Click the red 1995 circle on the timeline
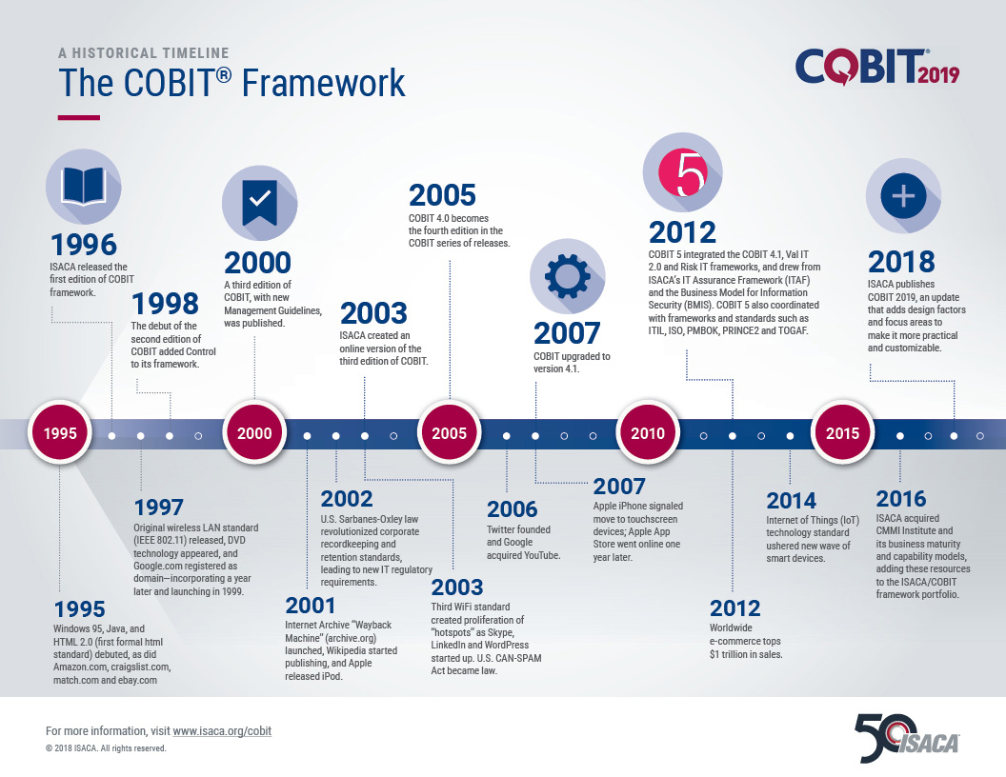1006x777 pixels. tap(60, 433)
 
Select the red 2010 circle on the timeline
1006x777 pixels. tap(648, 433)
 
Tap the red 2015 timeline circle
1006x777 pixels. tap(842, 433)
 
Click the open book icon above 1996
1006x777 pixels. tap(84, 187)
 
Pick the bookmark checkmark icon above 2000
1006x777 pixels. tap(259, 202)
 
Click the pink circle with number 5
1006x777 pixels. tap(683, 171)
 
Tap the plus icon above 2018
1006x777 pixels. tap(903, 195)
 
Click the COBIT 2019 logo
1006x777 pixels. tap(877, 68)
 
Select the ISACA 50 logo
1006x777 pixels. tap(907, 738)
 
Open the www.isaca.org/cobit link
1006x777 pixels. tap(222, 731)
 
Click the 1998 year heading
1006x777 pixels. tap(165, 304)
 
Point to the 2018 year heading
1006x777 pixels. tap(901, 262)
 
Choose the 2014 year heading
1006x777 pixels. tap(791, 500)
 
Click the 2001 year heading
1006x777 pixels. tap(310, 606)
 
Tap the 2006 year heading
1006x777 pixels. tap(512, 509)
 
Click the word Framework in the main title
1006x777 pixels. tap(323, 83)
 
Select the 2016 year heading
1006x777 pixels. tap(901, 498)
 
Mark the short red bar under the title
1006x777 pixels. tap(79, 117)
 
